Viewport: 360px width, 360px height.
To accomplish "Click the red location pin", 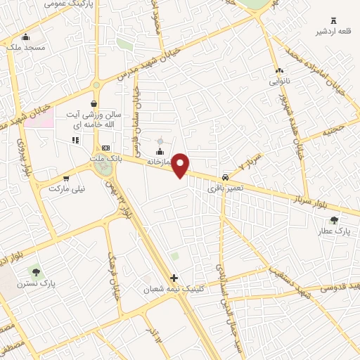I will [181, 165].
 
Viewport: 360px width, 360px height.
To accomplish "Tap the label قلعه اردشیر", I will [333, 31].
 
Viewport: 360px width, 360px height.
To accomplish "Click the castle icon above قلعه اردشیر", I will [333, 20].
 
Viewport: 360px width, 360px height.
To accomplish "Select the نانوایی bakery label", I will [280, 81].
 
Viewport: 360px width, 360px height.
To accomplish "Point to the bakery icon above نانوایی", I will [280, 70].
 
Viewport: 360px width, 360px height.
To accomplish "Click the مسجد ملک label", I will [27, 47].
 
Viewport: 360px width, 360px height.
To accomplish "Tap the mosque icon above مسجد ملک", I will [27, 37].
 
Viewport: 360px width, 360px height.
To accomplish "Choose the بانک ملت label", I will [105, 158].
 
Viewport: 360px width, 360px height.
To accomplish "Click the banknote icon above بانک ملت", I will [106, 148].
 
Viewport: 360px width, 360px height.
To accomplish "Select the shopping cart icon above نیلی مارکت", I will [66, 179].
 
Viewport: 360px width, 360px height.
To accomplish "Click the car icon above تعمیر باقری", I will [224, 177].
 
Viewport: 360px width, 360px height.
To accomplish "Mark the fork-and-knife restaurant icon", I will [75, 141].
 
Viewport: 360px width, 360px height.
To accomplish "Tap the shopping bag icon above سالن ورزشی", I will [94, 103].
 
